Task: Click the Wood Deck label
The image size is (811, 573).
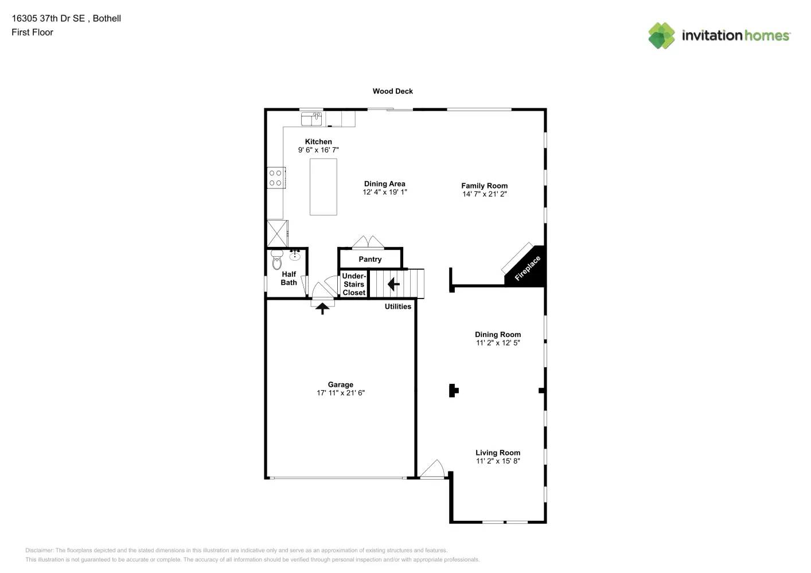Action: click(392, 91)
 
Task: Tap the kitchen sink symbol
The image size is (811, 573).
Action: click(311, 119)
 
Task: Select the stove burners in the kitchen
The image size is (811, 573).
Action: click(276, 178)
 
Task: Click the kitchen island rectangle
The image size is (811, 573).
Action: click(323, 187)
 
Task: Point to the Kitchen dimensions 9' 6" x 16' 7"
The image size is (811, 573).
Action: click(318, 150)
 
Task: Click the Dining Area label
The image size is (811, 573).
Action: click(384, 184)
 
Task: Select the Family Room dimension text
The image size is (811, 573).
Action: click(485, 194)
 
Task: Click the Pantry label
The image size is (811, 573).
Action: click(370, 260)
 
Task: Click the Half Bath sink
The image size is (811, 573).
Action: click(295, 255)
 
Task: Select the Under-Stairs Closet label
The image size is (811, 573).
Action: click(354, 284)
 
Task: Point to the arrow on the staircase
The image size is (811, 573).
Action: click(393, 284)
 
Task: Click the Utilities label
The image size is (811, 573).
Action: click(397, 307)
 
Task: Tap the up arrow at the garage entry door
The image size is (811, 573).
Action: click(322, 308)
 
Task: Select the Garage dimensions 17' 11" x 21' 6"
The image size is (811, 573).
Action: click(341, 393)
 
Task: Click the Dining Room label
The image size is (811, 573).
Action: click(498, 335)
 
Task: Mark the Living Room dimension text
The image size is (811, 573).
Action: click(498, 461)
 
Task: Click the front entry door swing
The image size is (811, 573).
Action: click(434, 469)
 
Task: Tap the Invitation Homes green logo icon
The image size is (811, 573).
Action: click(661, 36)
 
